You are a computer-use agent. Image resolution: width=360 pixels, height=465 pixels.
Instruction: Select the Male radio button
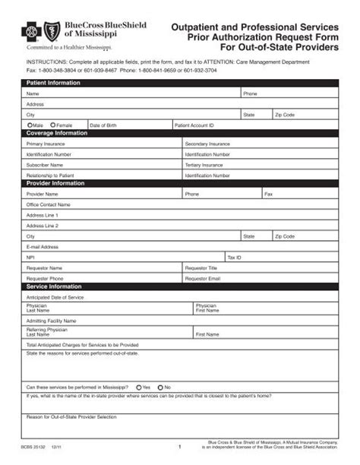click(x=30, y=125)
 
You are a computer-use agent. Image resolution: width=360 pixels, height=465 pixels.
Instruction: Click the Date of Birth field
click(x=129, y=125)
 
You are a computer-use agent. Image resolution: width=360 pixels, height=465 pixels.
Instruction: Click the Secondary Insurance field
click(x=258, y=143)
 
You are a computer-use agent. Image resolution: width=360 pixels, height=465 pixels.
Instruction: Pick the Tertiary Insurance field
click(x=258, y=164)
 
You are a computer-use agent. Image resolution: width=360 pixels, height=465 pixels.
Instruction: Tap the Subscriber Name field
click(x=103, y=164)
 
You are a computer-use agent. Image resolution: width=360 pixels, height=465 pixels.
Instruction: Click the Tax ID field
click(x=281, y=257)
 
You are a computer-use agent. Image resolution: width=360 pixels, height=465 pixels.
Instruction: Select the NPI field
click(x=125, y=257)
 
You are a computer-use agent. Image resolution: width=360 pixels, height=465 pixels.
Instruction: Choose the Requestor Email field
click(x=258, y=278)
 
